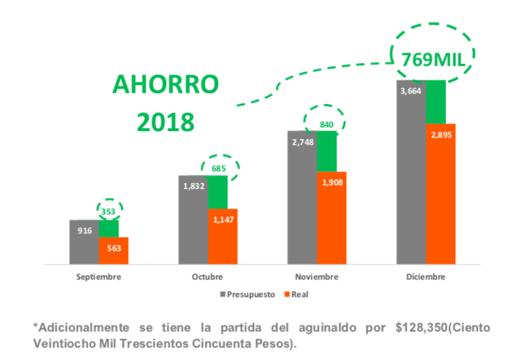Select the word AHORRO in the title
tap(165, 84)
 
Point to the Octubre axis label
tap(207, 277)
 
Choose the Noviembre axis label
tap(316, 277)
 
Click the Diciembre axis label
tap(425, 277)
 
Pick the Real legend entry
tap(299, 294)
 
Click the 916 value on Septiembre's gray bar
tap(85, 230)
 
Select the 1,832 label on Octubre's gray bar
tap(193, 187)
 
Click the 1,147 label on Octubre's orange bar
tap(222, 219)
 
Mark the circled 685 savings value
tap(220, 168)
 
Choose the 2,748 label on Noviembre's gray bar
tap(302, 142)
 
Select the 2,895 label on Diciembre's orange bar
tap(440, 135)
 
